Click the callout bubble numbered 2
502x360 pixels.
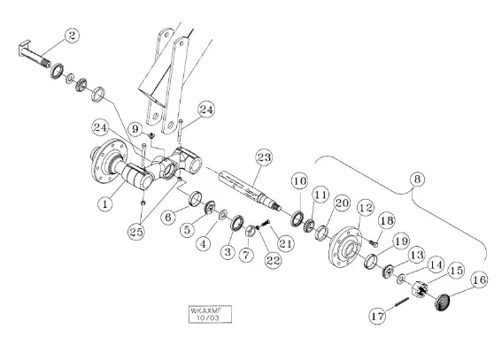72,35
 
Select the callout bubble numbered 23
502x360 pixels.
264,157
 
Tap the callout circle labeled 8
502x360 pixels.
417,179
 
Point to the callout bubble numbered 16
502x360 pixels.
479,280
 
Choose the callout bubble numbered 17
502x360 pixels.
378,316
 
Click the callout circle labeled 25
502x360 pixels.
136,232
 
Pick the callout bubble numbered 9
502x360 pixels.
135,129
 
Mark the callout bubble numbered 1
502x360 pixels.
105,203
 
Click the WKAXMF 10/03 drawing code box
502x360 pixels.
210,314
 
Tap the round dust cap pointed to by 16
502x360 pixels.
443,303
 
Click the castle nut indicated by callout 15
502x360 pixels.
420,289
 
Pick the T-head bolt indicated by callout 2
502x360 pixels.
35,54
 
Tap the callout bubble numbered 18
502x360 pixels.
387,220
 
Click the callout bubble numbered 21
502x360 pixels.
285,243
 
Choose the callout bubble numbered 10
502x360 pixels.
300,181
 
